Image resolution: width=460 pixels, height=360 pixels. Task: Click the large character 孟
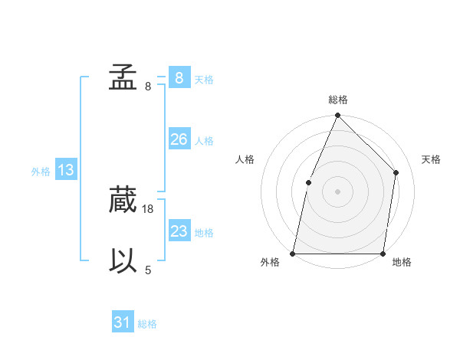(x=123, y=77)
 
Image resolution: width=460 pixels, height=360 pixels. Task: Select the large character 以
(x=123, y=261)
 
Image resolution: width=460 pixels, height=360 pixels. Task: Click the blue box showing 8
(x=179, y=77)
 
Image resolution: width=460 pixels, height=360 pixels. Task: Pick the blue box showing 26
(x=179, y=139)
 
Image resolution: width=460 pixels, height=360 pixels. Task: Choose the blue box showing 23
(x=179, y=231)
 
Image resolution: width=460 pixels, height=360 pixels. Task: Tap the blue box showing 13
(x=65, y=170)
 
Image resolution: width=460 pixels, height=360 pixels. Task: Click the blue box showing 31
(x=122, y=322)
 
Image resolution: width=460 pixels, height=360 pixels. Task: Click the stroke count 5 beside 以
(x=148, y=270)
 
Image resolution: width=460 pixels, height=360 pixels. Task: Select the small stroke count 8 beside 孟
(x=148, y=86)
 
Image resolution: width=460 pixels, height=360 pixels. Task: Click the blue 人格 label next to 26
(x=204, y=141)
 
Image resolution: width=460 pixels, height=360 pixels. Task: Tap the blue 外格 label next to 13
(x=41, y=172)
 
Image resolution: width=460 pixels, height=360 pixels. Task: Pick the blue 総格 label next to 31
(x=147, y=324)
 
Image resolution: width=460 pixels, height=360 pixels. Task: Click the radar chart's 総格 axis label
(x=337, y=100)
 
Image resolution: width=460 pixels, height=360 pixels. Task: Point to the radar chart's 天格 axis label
(x=432, y=159)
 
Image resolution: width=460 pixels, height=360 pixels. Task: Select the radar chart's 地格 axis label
(x=402, y=262)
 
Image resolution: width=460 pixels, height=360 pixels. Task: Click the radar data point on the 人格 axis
(x=308, y=182)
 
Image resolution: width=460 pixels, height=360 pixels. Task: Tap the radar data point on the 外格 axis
(x=293, y=254)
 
